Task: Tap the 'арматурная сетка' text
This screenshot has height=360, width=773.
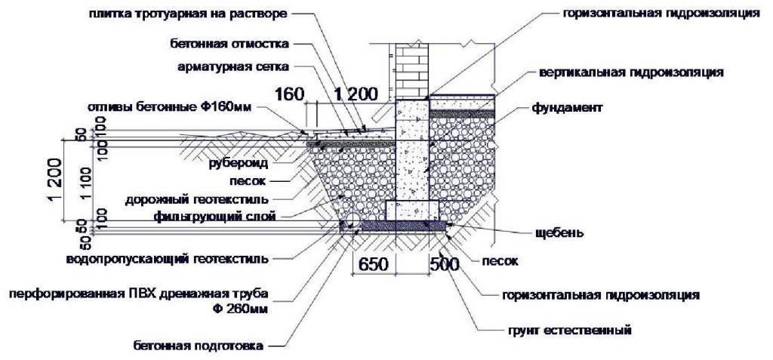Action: [x=233, y=67]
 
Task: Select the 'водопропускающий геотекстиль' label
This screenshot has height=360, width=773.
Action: [x=166, y=258]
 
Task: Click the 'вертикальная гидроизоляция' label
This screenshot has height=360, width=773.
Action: [x=632, y=73]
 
